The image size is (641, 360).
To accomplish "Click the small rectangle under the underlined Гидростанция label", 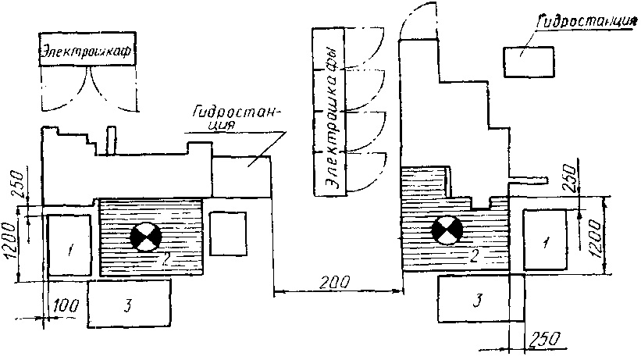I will coord(529,62).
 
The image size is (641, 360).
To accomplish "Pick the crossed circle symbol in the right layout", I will coord(447,230).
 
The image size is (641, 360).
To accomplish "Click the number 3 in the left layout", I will coord(128,303).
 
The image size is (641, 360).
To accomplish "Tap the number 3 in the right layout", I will coord(475,299).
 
